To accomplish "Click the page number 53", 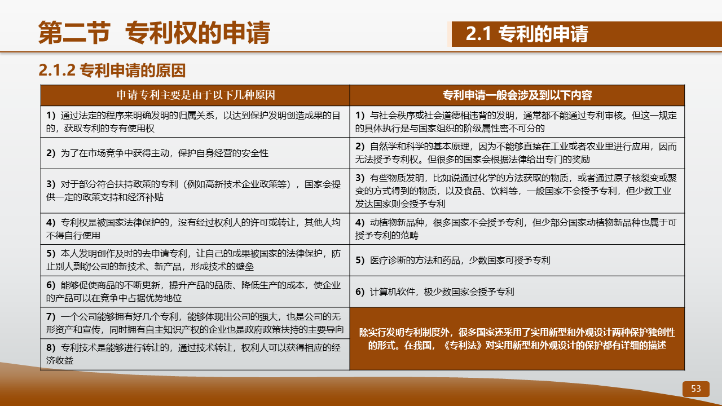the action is (x=695, y=389).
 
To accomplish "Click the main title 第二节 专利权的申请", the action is (x=154, y=33).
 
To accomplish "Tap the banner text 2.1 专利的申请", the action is (x=527, y=34).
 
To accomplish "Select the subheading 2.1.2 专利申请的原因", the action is (x=112, y=70).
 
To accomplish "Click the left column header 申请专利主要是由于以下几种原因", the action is (x=196, y=95).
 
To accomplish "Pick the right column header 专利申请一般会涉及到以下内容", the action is (x=517, y=95).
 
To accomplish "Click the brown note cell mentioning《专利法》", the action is (x=517, y=339).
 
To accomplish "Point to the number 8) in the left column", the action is (x=51, y=347).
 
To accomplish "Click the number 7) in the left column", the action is (x=51, y=316).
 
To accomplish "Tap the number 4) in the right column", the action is (x=360, y=222).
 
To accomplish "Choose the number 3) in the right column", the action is (x=360, y=178).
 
